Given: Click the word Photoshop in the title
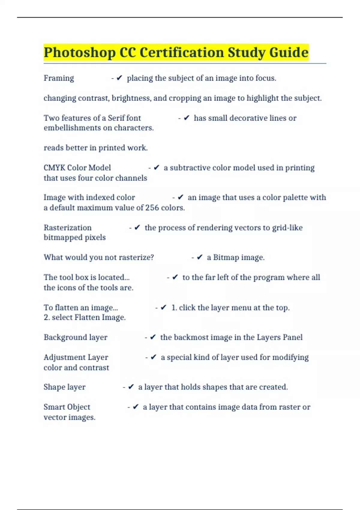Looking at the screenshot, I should pos(79,52).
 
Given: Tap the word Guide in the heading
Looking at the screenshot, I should pos(289,52).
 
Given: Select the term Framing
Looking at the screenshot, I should pos(59,78).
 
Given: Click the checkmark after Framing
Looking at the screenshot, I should pos(119,78).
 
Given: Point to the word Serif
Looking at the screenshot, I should pos(116,118).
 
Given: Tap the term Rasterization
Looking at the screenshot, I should pos(67,228).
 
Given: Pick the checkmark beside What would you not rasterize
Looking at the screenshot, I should pos(200,257).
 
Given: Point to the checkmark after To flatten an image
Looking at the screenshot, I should pos(163,307).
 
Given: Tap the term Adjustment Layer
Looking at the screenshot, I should pos(76,357).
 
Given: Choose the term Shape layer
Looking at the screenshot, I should pos(64,387).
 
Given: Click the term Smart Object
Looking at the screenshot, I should pos(67,407).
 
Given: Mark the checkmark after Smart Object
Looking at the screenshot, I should pos(136,407).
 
